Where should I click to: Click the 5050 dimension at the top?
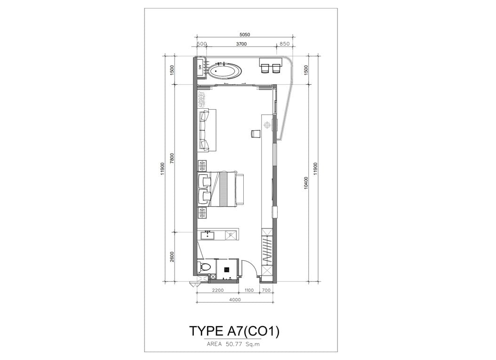[245, 35]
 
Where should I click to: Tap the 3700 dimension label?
[241, 44]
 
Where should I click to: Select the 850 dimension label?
[285, 44]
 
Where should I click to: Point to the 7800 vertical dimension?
[172, 158]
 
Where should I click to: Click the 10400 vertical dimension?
[305, 183]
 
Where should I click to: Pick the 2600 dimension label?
[172, 256]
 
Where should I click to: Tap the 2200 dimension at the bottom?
[218, 290]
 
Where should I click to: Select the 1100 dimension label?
[249, 290]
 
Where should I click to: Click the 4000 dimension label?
[235, 300]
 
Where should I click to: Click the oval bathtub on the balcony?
[224, 71]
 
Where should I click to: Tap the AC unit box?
[200, 67]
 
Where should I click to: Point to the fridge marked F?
[231, 235]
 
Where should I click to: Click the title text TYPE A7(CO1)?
[234, 331]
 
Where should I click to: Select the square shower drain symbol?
[226, 270]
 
